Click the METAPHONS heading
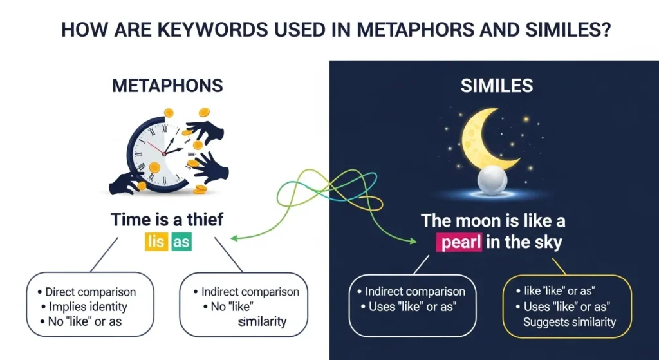(167, 86)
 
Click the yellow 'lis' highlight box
(156, 242)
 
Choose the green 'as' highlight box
(181, 242)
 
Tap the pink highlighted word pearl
(460, 243)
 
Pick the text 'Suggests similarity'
(570, 321)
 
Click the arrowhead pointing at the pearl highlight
(412, 242)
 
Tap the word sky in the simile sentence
(547, 243)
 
